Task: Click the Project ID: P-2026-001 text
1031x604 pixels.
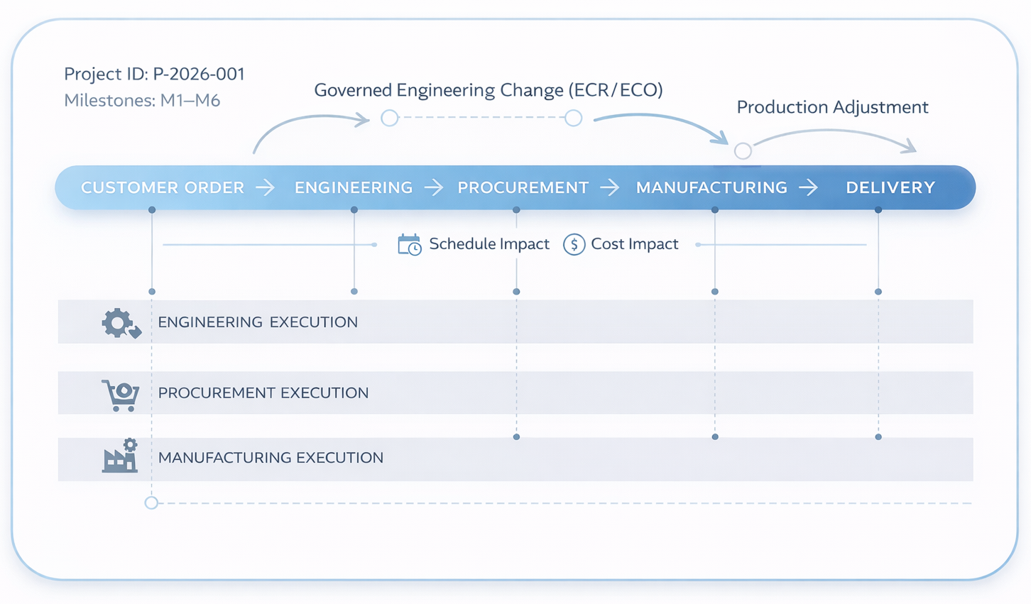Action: [x=154, y=74]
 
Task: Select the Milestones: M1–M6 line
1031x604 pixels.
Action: [x=142, y=100]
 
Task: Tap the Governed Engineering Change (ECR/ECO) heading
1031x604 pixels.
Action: [x=489, y=90]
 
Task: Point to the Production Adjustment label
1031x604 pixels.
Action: [x=832, y=107]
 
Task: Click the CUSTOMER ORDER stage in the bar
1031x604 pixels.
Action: [x=163, y=187]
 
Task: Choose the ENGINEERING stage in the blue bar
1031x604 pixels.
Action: [x=354, y=187]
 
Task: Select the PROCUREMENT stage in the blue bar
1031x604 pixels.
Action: [x=523, y=187]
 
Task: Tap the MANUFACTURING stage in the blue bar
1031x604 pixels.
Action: [x=711, y=187]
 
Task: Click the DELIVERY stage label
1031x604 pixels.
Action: [x=890, y=187]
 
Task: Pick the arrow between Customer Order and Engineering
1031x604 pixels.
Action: [x=266, y=187]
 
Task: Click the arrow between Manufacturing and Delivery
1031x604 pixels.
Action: [x=808, y=187]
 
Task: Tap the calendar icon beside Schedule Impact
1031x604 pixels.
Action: [x=409, y=245]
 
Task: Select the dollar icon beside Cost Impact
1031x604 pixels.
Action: [x=574, y=245]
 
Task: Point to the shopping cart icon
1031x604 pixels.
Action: [x=121, y=395]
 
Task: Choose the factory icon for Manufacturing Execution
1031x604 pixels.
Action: [x=120, y=456]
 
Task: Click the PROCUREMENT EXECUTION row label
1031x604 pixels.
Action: [x=263, y=393]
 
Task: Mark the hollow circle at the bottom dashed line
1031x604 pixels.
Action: [x=151, y=503]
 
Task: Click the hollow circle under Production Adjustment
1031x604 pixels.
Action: [x=743, y=151]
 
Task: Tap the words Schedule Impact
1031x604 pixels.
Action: [x=489, y=244]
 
